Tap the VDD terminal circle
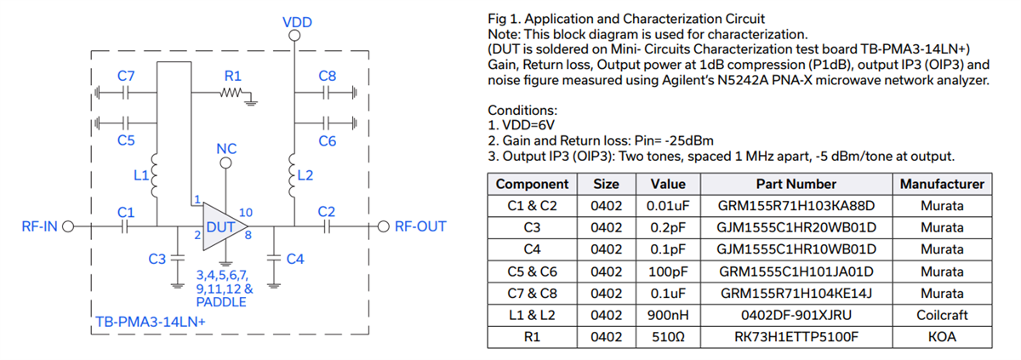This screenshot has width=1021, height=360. pos(294,37)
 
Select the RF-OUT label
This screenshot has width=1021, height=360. pos(420,227)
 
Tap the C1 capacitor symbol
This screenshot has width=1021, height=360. pos(126,227)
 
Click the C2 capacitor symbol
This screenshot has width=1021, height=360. pos(327,227)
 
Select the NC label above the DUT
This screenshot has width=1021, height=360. pos(226,148)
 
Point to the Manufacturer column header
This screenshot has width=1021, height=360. pos(941,184)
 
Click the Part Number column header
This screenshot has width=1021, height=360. pos(796,184)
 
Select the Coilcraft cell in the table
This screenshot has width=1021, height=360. pos(941,315)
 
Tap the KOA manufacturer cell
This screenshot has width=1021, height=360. pos(941,337)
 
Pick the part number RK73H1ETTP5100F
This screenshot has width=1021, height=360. pos(796,337)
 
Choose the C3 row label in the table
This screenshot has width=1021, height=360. pos(532,228)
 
